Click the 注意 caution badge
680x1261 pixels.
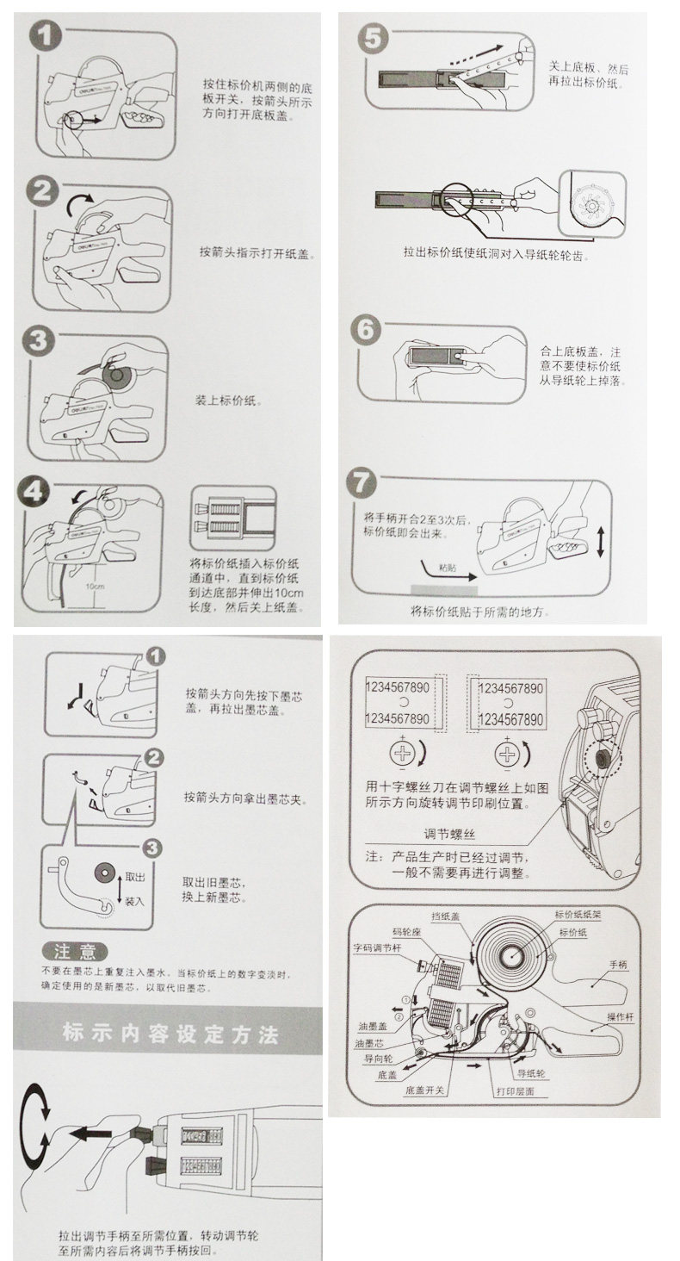75,951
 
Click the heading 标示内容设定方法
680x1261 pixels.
170,1032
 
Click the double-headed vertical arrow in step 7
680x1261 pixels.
600,541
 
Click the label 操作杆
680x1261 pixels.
620,1017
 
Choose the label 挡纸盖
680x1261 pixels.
443,916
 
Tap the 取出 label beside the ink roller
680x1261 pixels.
134,876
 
